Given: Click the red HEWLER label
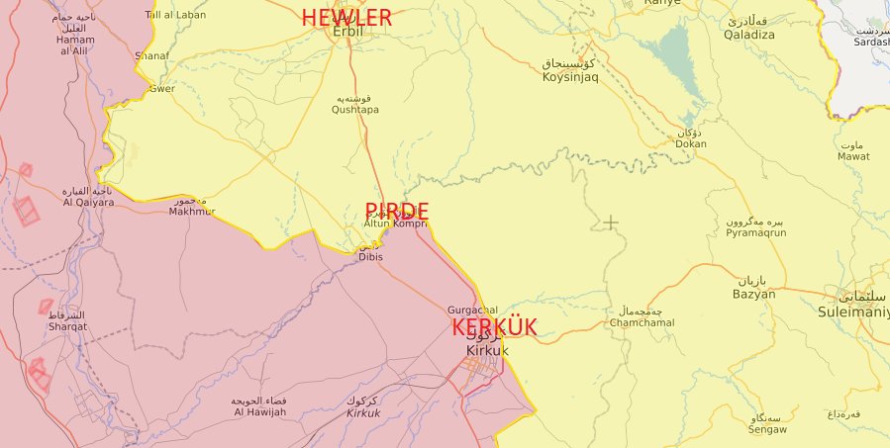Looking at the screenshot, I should [x=346, y=17].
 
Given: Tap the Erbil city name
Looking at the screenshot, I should [x=347, y=33].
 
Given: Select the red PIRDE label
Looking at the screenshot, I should [x=397, y=211].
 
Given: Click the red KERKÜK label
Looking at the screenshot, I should [x=494, y=328].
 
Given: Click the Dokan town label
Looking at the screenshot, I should [x=691, y=143].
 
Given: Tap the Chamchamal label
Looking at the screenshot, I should [x=643, y=322].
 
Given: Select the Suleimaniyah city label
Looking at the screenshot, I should [x=853, y=311].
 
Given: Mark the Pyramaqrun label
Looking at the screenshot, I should [x=755, y=232].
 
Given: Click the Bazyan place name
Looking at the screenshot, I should [x=753, y=294].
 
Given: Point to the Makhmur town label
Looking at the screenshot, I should [x=191, y=212].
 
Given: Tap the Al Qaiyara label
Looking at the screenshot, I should [x=88, y=202].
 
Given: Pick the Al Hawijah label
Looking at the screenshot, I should [x=259, y=411].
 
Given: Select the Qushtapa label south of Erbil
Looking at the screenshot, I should [x=355, y=111].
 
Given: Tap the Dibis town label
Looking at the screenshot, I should [x=370, y=257].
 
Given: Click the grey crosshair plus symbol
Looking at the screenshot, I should [x=611, y=223].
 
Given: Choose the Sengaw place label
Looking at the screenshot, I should [x=768, y=429].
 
